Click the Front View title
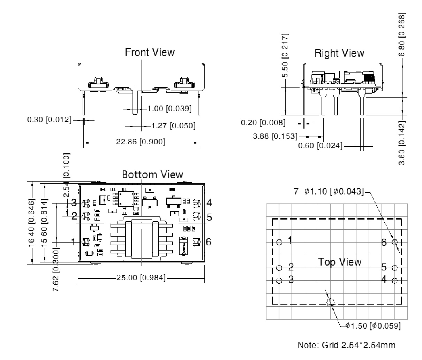[x=150, y=52]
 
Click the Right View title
[x=339, y=53]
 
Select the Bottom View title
[x=152, y=174]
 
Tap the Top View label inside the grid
[x=340, y=262]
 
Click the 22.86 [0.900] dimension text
[x=141, y=142]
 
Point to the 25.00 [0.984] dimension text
[x=141, y=278]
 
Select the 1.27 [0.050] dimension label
[x=173, y=125]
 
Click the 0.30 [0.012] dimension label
[x=49, y=120]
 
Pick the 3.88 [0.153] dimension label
[x=275, y=136]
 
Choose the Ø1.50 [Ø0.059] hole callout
[x=372, y=326]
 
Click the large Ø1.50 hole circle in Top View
[x=330, y=302]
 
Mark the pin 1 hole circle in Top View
[x=279, y=242]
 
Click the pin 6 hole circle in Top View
[x=395, y=242]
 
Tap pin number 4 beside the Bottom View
[x=209, y=202]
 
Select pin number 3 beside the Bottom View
[x=74, y=202]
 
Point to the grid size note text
[x=346, y=345]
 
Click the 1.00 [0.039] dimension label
[x=169, y=109]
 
